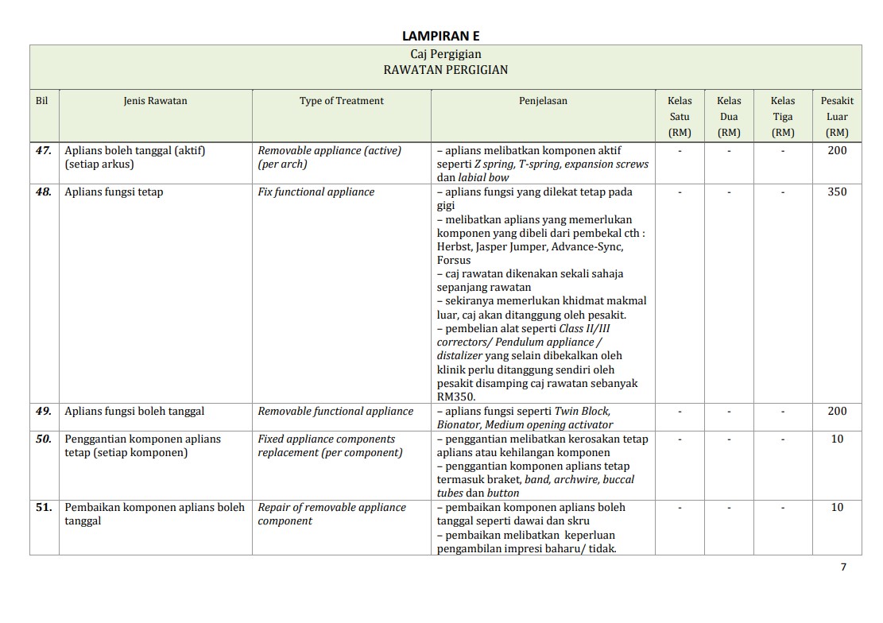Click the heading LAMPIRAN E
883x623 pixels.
coord(440,36)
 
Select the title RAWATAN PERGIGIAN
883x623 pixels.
coord(445,70)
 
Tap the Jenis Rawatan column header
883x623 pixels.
coord(155,101)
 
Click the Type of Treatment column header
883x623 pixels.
coord(341,101)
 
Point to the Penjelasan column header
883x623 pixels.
coord(543,101)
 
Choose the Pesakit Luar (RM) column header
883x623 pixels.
coord(837,116)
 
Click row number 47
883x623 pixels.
coord(44,150)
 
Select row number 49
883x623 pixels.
coord(44,411)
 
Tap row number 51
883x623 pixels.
coord(44,507)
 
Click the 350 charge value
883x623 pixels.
coord(837,192)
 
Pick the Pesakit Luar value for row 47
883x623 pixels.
coord(837,150)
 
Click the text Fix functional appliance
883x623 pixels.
coord(316,192)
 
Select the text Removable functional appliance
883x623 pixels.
coord(335,411)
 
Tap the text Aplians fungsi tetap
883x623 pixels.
coord(114,192)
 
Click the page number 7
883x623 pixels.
coord(843,567)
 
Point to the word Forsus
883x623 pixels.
coord(454,260)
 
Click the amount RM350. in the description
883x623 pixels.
coord(456,397)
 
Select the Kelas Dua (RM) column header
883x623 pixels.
coord(729,116)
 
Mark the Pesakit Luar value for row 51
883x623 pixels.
coord(837,507)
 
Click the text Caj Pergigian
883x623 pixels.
coord(445,54)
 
